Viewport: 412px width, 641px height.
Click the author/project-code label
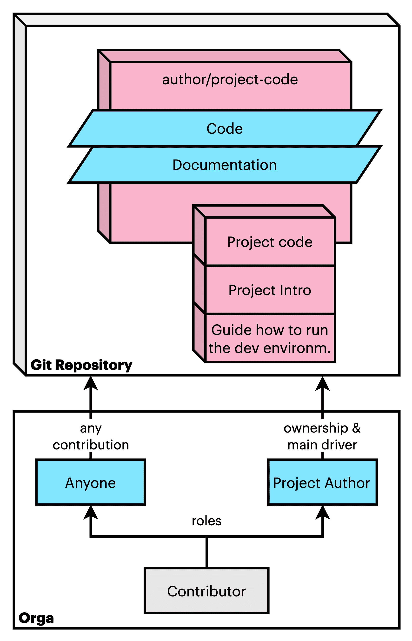(x=230, y=80)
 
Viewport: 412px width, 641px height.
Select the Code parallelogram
(x=225, y=129)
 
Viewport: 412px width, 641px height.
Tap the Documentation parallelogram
(x=225, y=165)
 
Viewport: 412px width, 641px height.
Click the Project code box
(x=270, y=242)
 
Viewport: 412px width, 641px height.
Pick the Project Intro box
(x=270, y=290)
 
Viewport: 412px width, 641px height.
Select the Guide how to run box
(x=270, y=338)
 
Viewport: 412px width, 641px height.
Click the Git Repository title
(x=81, y=365)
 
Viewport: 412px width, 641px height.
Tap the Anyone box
(x=90, y=483)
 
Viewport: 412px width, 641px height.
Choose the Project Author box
(x=322, y=483)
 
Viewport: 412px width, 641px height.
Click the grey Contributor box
(x=206, y=591)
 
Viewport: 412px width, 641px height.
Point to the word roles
(x=206, y=521)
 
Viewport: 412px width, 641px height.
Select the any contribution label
(x=91, y=436)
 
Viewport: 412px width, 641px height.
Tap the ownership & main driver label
(x=322, y=436)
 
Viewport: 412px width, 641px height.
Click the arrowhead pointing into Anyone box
(x=91, y=512)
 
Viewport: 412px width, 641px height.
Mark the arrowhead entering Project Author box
(x=322, y=512)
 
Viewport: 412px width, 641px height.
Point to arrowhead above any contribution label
(x=91, y=384)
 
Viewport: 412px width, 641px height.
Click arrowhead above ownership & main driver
(x=322, y=384)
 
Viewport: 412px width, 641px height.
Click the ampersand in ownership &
(x=356, y=428)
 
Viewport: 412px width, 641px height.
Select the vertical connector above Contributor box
(x=206, y=553)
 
